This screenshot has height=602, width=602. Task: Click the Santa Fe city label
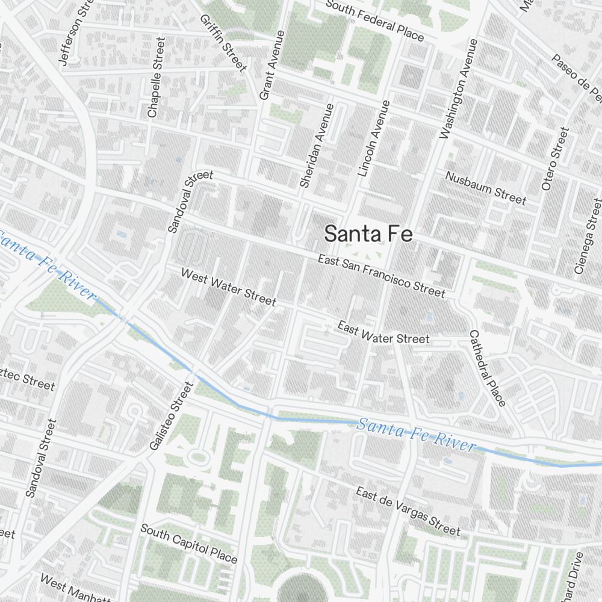click(x=368, y=234)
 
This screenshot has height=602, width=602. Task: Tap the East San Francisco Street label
click(x=382, y=277)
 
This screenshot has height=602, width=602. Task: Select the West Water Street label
click(x=228, y=287)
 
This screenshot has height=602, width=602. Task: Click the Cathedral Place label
click(x=488, y=367)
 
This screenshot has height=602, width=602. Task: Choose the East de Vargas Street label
click(x=408, y=510)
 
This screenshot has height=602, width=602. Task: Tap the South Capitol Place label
click(x=188, y=542)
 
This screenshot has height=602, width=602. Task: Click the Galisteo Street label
click(x=170, y=415)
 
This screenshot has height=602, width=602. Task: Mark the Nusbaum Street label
click(x=486, y=187)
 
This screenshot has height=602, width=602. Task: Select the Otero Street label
click(x=554, y=158)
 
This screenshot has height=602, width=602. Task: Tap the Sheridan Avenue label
click(x=316, y=145)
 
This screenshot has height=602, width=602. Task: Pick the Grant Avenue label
click(x=272, y=65)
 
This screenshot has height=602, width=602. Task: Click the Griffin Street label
click(x=223, y=42)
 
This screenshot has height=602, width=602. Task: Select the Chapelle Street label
click(x=155, y=77)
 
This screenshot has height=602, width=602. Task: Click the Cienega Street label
click(x=588, y=236)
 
